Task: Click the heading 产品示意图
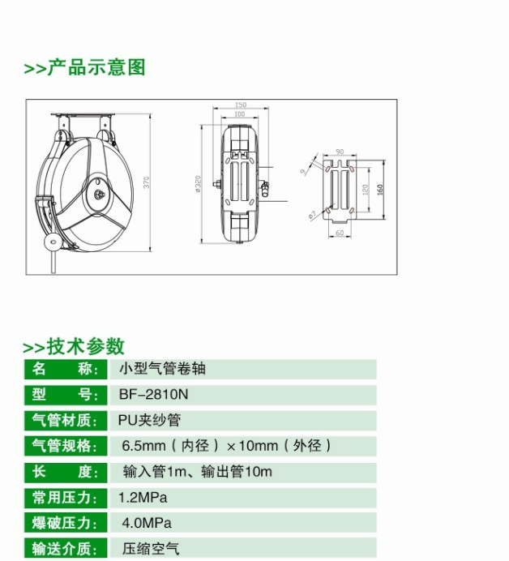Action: point(96,67)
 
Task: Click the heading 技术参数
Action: point(85,346)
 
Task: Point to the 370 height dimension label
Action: point(147,182)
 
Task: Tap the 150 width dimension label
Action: point(241,105)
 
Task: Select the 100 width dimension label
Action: point(239,113)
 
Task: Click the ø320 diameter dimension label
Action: point(198,184)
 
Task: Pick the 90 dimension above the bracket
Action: point(340,152)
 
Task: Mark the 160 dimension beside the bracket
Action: point(380,189)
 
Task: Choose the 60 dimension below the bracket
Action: point(340,233)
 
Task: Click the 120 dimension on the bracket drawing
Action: point(366,190)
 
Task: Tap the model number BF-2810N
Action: point(153,394)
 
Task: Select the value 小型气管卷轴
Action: point(162,369)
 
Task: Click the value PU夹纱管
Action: point(149,420)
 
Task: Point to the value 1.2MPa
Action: point(143,498)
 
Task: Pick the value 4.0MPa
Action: point(147,523)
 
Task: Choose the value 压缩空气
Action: point(151,549)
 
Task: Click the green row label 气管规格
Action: point(65,446)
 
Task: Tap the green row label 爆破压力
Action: point(65,523)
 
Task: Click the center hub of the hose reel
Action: point(100,195)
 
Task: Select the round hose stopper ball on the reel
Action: point(52,242)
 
